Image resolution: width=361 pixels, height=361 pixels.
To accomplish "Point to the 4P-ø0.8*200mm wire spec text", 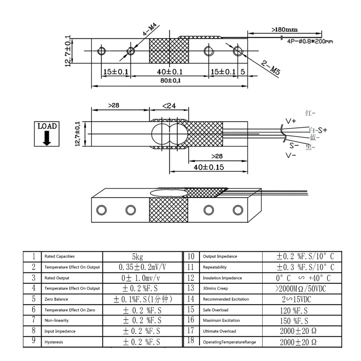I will click(x=310, y=41).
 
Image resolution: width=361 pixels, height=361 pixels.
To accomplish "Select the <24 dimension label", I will click(x=169, y=106).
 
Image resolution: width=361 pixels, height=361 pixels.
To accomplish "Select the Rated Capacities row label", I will click(x=60, y=256).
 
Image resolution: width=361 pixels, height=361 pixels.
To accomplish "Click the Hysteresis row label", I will click(x=54, y=342).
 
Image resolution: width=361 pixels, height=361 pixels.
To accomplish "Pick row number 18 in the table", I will click(x=191, y=341).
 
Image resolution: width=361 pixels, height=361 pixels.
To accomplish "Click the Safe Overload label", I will click(x=216, y=310).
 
